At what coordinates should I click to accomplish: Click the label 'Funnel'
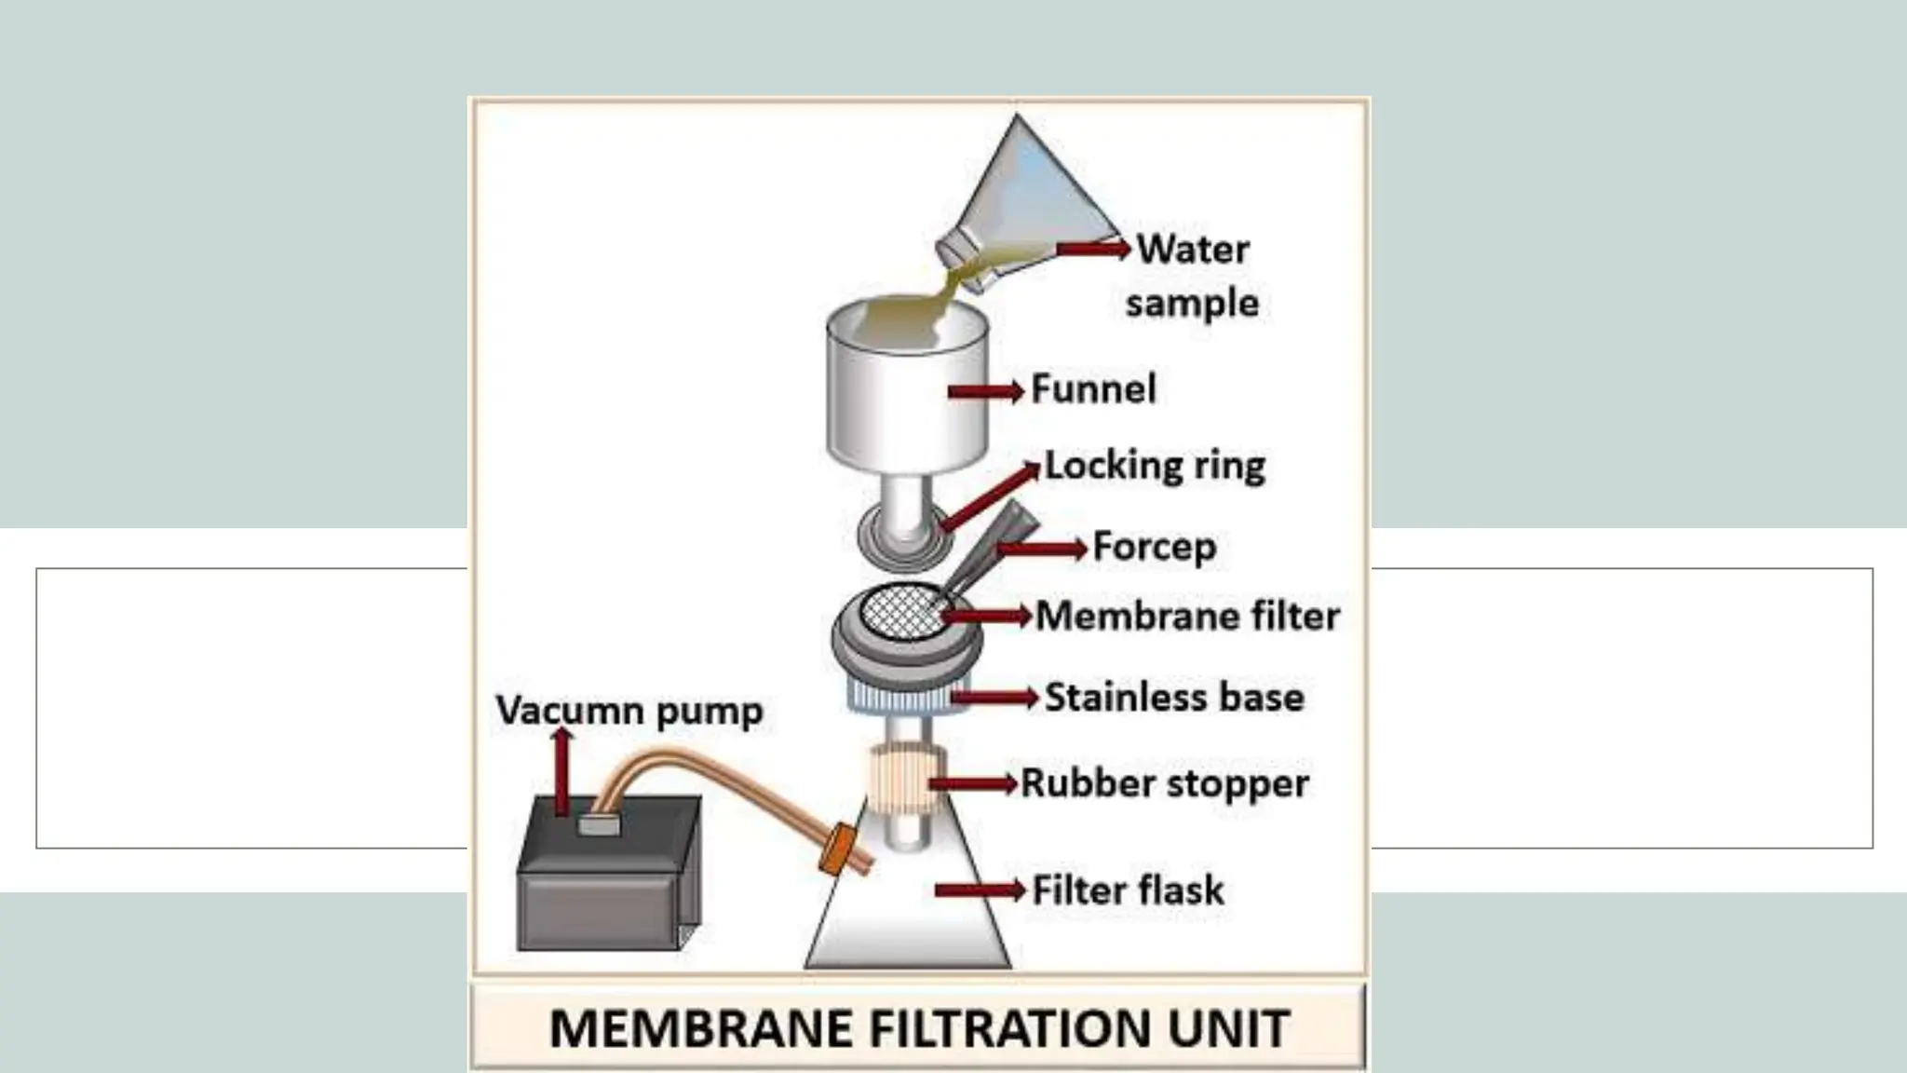pyautogui.click(x=1093, y=389)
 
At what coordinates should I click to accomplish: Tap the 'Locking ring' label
pyautogui.click(x=1155, y=466)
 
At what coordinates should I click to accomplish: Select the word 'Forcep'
pyautogui.click(x=1154, y=547)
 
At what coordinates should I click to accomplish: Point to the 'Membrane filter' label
pyautogui.click(x=1187, y=616)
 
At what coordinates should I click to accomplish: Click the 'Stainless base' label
pyautogui.click(x=1174, y=698)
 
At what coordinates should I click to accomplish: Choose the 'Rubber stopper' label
pyautogui.click(x=1164, y=783)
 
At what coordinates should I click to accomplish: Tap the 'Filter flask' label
pyautogui.click(x=1128, y=890)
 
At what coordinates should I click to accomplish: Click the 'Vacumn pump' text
pyautogui.click(x=629, y=711)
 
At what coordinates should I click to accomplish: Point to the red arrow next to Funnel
pyautogui.click(x=985, y=391)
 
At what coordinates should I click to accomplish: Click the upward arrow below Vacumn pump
pyautogui.click(x=561, y=771)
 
